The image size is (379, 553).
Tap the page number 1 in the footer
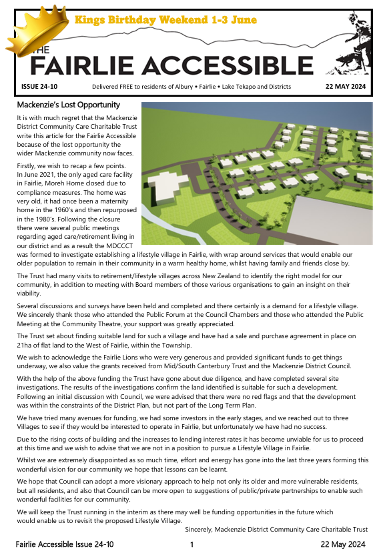point(191,545)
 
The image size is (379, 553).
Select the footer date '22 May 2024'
point(345,545)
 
